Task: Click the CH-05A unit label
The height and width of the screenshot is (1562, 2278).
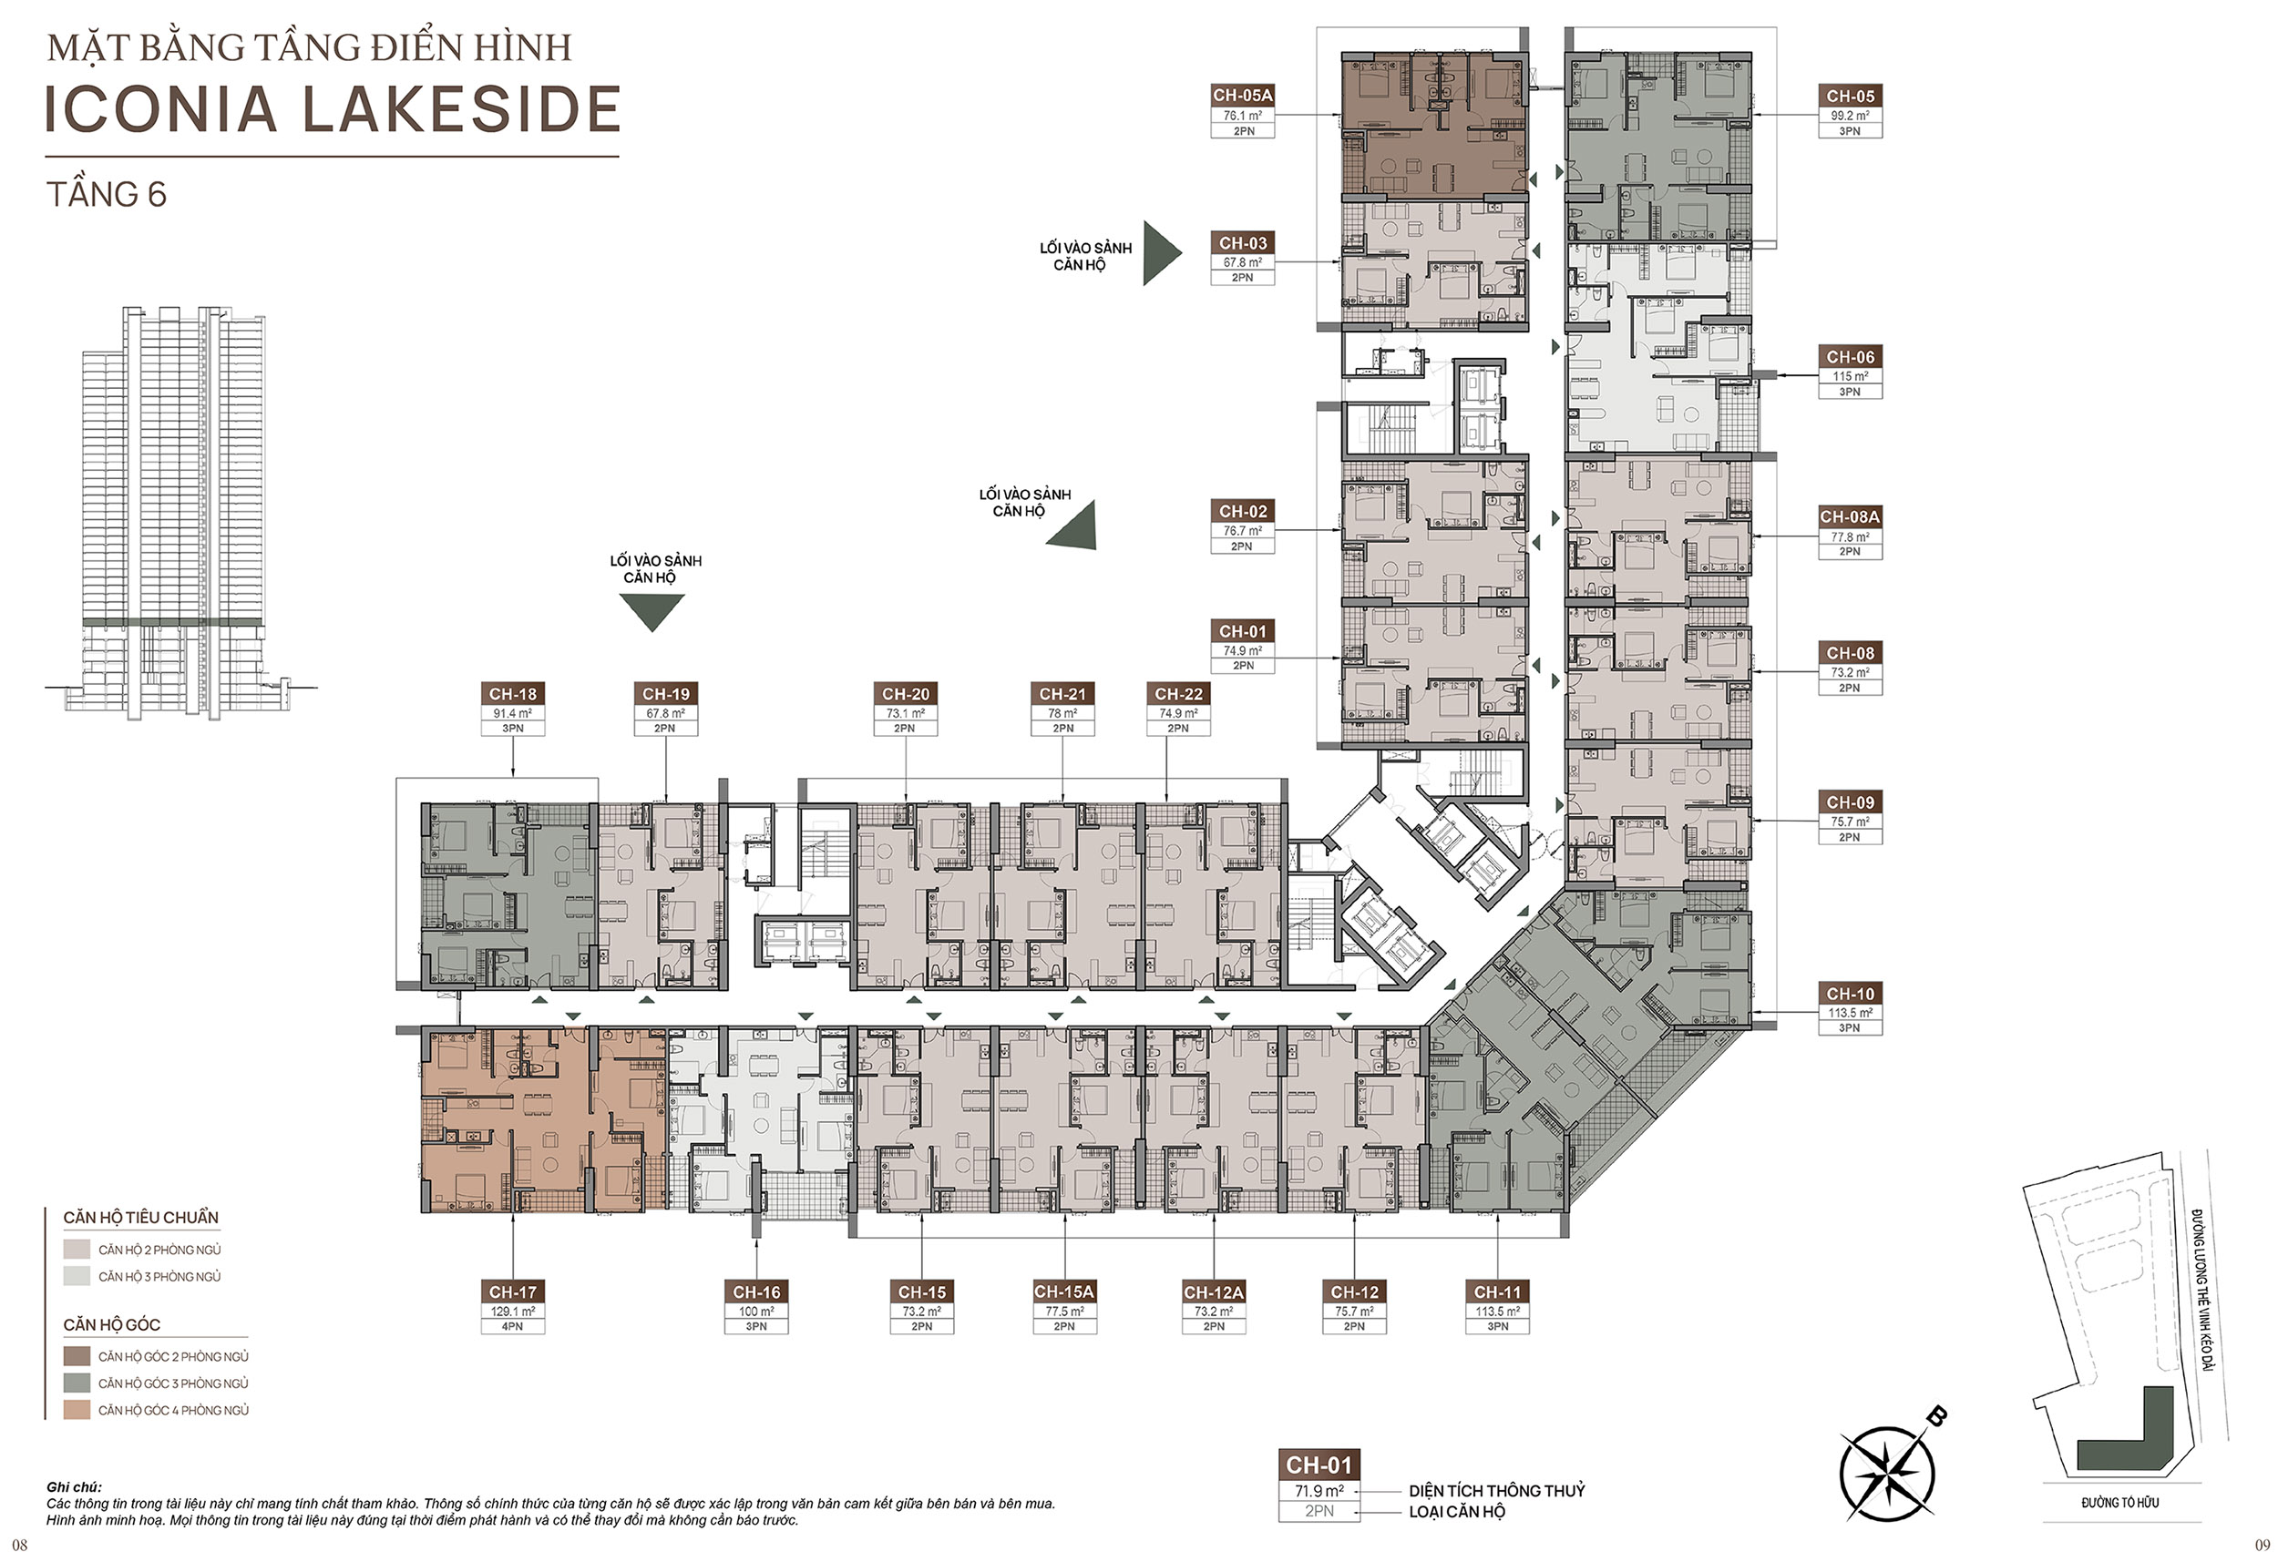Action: pyautogui.click(x=1242, y=95)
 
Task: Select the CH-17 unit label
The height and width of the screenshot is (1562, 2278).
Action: pyautogui.click(x=513, y=1291)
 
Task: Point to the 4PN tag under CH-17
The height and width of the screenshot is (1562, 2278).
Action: pyautogui.click(x=513, y=1326)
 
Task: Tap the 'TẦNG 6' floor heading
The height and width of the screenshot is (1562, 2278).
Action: pyautogui.click(x=106, y=194)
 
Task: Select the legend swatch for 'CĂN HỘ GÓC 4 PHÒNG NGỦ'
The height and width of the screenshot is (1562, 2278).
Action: pyautogui.click(x=77, y=1409)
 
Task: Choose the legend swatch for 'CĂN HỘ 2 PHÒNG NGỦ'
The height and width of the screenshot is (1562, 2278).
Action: pyautogui.click(x=77, y=1250)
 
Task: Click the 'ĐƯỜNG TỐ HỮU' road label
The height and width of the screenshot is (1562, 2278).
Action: pyautogui.click(x=2120, y=1502)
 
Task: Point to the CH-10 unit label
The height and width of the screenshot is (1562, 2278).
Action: pyautogui.click(x=1850, y=994)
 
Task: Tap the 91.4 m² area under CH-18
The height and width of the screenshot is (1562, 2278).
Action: pyautogui.click(x=513, y=713)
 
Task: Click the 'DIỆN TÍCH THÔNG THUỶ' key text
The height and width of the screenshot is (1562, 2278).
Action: pyautogui.click(x=1497, y=1490)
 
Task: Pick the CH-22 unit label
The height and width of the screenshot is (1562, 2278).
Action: pyautogui.click(x=1178, y=694)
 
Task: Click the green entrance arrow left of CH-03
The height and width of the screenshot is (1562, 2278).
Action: pyautogui.click(x=1162, y=253)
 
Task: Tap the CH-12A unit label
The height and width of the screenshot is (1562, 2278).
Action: pyautogui.click(x=1214, y=1291)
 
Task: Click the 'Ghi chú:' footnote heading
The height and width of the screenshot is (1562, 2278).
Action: pyautogui.click(x=74, y=1486)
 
